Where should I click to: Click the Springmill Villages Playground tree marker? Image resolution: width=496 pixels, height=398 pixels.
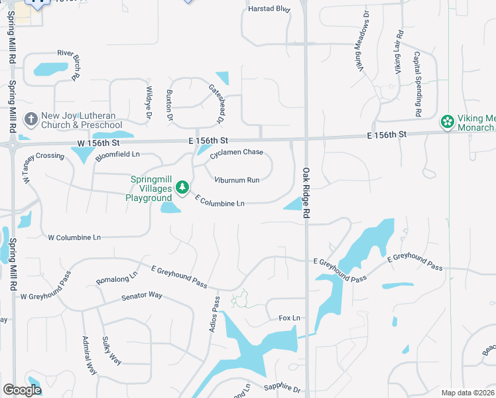point(182,188)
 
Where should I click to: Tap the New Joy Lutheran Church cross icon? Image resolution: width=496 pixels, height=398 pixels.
point(31,120)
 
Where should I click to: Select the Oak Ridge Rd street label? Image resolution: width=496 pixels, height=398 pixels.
point(306,193)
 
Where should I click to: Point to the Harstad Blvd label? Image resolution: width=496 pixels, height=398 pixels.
point(269,9)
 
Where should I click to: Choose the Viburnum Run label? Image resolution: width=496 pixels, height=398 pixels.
point(237,180)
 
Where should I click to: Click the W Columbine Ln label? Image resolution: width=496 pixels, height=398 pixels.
point(74,237)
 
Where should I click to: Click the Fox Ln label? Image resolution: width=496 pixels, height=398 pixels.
point(289,318)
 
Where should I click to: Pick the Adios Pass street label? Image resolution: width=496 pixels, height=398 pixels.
point(215,314)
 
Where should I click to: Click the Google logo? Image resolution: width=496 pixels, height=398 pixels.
point(22,391)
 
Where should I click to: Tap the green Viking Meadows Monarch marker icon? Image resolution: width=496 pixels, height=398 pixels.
point(448,122)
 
